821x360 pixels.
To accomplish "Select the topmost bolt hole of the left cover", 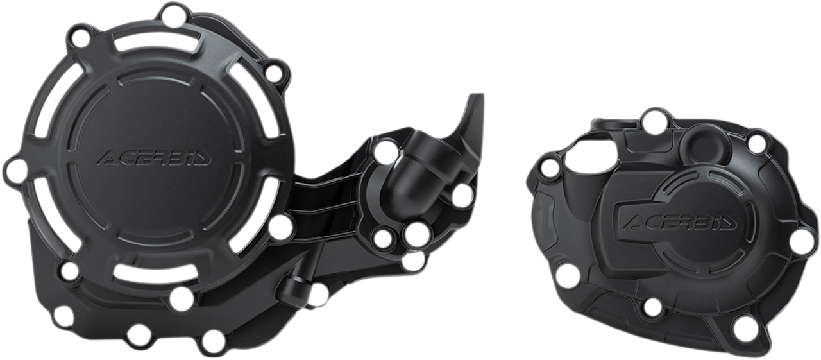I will (x=171, y=12).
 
